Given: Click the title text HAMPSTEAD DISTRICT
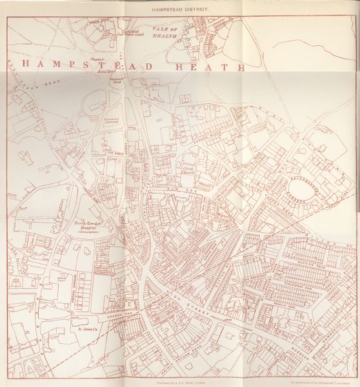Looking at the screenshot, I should click(180, 10).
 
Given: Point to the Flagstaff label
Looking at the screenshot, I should click(98, 59).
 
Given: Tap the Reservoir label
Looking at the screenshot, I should click(107, 121).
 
